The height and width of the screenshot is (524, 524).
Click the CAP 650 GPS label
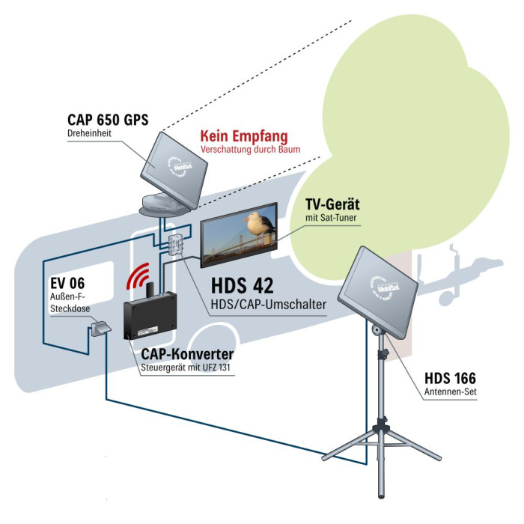[x=107, y=119]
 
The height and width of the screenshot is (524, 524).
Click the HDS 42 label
[x=243, y=285]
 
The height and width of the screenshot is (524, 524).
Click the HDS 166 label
[x=449, y=379]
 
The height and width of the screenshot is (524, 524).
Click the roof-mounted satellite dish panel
[x=174, y=160]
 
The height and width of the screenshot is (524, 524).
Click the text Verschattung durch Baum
[x=249, y=150]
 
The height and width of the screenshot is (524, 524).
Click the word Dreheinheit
[x=89, y=133]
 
